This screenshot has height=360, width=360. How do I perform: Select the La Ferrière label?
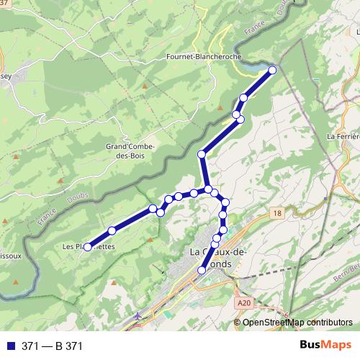tap(343, 135)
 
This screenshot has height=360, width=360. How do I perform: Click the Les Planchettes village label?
tap(89, 246)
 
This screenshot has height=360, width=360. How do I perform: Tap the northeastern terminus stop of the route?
tap(273, 70)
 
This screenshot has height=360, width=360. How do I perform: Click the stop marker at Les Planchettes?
tap(87, 247)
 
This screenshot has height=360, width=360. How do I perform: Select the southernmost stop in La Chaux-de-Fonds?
tap(202, 270)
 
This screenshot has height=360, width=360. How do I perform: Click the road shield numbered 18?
tap(278, 213)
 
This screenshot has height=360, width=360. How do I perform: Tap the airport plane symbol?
tap(138, 315)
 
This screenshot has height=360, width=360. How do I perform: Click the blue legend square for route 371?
tap(9, 346)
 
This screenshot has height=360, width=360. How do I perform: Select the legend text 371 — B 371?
tap(53, 346)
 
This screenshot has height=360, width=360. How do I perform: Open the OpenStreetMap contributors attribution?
tap(297, 322)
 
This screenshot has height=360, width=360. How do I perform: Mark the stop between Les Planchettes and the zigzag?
tap(112, 230)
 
